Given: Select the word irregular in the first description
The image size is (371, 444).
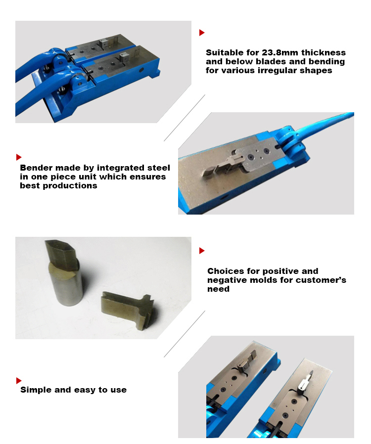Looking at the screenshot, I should point(283,71).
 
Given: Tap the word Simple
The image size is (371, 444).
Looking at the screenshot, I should point(36,390).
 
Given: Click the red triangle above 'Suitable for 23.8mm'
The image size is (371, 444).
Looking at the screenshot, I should point(202,33).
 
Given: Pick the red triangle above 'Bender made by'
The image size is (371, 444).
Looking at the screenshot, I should point(19,157).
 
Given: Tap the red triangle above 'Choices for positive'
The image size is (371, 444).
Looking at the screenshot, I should point(202,251).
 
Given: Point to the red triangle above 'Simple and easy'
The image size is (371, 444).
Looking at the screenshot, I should point(19,380).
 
